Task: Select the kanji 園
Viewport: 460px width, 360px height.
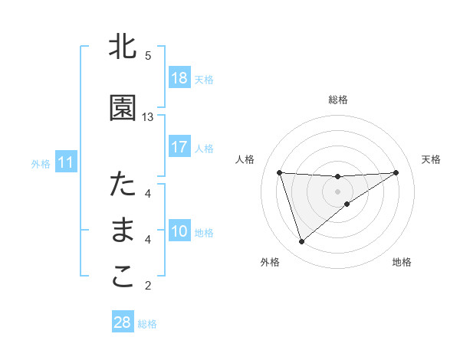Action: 123,109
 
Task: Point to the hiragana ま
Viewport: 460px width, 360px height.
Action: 123,231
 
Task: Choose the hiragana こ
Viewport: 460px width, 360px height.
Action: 123,277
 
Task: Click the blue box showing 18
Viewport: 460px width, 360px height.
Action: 179,78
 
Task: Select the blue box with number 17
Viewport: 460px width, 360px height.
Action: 179,147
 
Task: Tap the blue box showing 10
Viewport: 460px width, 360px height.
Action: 179,231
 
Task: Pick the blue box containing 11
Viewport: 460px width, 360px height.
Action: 65,162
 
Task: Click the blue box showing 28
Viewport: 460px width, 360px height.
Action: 122,322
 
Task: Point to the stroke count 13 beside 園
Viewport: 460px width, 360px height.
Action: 148,117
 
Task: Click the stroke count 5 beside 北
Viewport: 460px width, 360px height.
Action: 148,56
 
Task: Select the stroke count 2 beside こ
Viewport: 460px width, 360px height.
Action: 148,286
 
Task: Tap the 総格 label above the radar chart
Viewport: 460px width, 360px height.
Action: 338,100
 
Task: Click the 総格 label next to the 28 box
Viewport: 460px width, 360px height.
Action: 147,324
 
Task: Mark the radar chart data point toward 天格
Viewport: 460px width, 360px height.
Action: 396,172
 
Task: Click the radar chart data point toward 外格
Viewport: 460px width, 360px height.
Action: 301,242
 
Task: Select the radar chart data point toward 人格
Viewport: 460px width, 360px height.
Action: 280,172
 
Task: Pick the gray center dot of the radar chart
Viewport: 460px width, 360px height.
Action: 337,191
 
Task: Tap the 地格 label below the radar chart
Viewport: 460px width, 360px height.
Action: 402,263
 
